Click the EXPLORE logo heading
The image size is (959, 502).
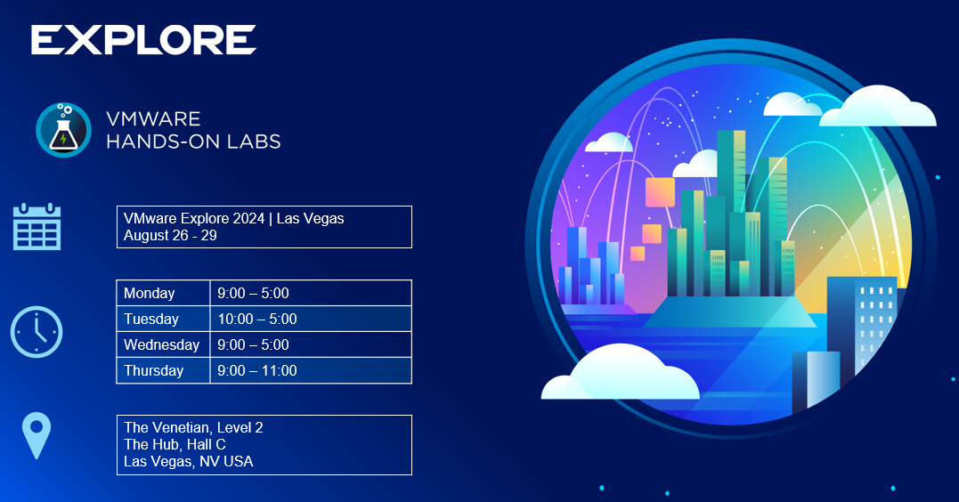(x=143, y=40)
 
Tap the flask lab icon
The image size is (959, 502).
(x=63, y=130)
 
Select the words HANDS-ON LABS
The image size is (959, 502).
(x=193, y=142)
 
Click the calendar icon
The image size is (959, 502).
(x=37, y=227)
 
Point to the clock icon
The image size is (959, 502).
(x=37, y=332)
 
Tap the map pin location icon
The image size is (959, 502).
(x=37, y=435)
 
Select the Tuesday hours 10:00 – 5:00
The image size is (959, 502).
(x=257, y=320)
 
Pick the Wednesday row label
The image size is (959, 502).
(x=161, y=344)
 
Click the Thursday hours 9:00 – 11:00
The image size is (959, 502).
(x=257, y=370)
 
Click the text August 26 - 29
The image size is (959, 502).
(x=170, y=235)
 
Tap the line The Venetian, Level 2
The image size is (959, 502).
(x=193, y=427)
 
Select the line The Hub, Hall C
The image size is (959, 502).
(x=175, y=444)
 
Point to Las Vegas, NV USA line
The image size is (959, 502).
(x=189, y=462)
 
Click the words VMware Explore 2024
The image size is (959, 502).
(x=194, y=218)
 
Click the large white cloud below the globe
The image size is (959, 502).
(x=620, y=373)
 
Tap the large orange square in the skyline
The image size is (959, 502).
(x=660, y=192)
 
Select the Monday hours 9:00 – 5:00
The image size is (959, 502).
(x=253, y=294)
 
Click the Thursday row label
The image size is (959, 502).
(x=153, y=370)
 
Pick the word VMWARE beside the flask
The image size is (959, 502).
(x=153, y=118)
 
